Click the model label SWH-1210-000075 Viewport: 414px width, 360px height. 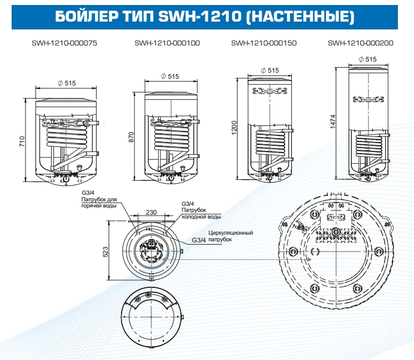(x=64, y=43)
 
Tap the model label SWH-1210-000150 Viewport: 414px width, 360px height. (x=264, y=43)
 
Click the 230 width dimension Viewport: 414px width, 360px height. (x=152, y=211)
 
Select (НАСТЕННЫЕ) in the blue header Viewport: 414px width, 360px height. (x=300, y=17)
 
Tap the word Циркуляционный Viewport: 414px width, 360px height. (x=231, y=233)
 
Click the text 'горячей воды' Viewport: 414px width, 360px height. (x=99, y=206)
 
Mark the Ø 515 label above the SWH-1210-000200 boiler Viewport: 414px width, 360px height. (x=367, y=59)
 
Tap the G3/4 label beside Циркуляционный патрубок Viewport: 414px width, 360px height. (x=199, y=240)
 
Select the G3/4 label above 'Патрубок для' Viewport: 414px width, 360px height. (x=88, y=192)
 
